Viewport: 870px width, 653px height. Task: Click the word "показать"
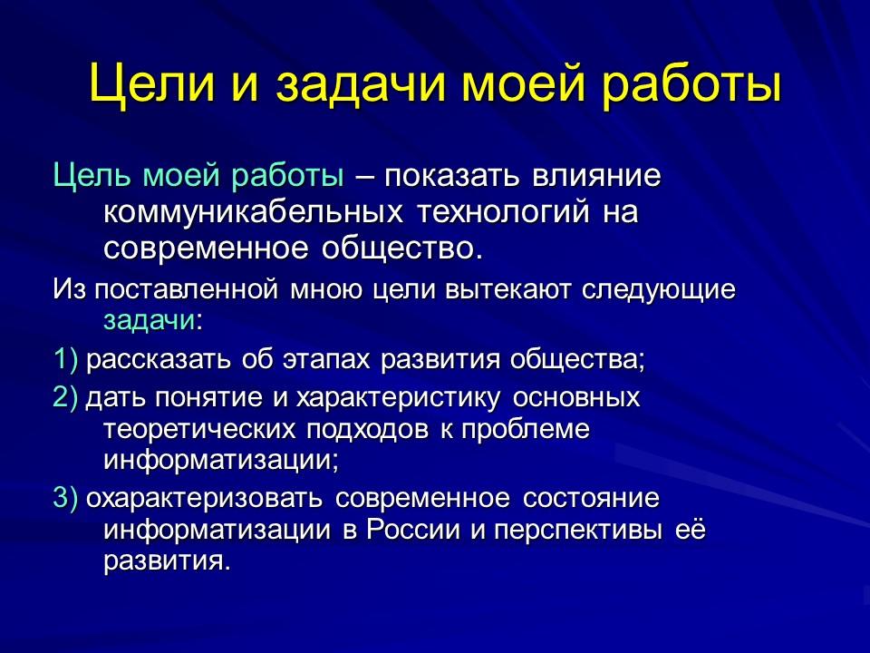(459, 175)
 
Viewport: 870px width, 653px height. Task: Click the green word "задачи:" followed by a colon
(153, 320)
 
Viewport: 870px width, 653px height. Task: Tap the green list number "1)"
(66, 359)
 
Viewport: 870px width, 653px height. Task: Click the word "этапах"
(325, 359)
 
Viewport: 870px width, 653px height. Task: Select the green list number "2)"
(66, 398)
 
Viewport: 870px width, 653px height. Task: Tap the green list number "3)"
(66, 500)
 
